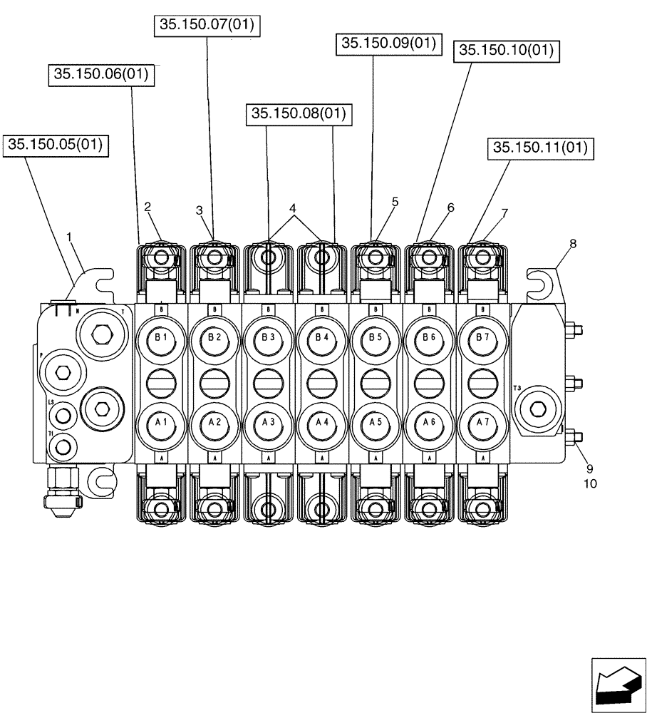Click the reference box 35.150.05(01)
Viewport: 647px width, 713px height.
[55, 145]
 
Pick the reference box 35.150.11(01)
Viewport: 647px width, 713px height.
[542, 148]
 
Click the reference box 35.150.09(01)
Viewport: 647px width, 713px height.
[388, 44]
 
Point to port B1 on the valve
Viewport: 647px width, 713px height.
[160, 337]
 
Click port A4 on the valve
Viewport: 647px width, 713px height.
[321, 422]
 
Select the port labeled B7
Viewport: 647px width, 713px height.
[482, 337]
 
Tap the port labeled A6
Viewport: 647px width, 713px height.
[429, 422]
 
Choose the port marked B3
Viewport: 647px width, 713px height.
[268, 337]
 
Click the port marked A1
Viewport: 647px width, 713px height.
[160, 422]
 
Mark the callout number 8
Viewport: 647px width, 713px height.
[572, 243]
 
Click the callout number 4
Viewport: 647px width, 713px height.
[292, 208]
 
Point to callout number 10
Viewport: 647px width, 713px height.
[590, 483]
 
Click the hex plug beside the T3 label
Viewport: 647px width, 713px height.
[539, 409]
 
